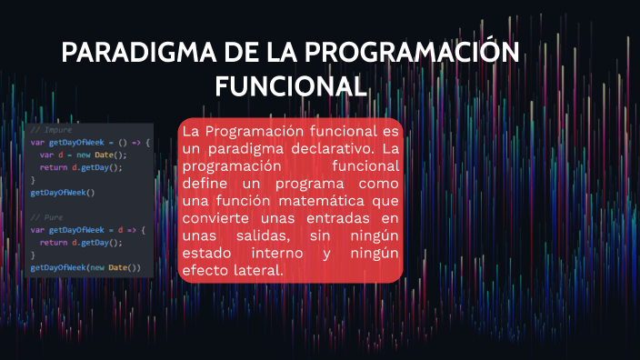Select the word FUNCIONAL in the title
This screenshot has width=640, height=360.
(290, 86)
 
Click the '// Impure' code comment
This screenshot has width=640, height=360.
(51, 130)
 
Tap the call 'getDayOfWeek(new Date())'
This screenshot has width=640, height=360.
(85, 268)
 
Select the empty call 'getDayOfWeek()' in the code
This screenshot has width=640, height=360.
(63, 193)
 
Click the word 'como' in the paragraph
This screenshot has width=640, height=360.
(377, 183)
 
